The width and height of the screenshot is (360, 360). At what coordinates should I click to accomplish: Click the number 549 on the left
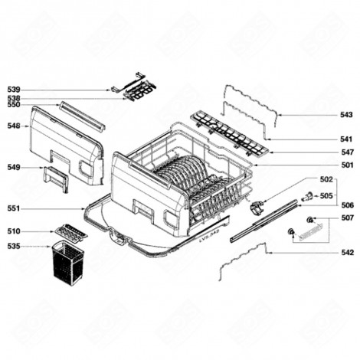tap(14, 166)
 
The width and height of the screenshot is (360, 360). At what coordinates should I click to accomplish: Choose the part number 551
tap(14, 208)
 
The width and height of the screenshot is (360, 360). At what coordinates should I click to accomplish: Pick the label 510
tap(14, 231)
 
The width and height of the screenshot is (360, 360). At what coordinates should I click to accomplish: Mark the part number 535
tap(14, 247)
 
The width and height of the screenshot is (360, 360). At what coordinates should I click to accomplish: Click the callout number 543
tap(346, 115)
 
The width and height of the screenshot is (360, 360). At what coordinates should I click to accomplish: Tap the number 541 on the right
tap(346, 139)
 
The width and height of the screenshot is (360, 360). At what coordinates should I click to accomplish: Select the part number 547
tap(346, 152)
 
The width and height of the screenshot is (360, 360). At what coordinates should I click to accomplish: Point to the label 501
tap(346, 165)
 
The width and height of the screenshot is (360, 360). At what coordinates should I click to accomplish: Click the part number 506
tap(346, 205)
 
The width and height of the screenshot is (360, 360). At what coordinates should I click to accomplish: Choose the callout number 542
tap(346, 252)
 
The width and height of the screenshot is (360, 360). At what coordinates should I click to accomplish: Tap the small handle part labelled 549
tap(57, 178)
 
